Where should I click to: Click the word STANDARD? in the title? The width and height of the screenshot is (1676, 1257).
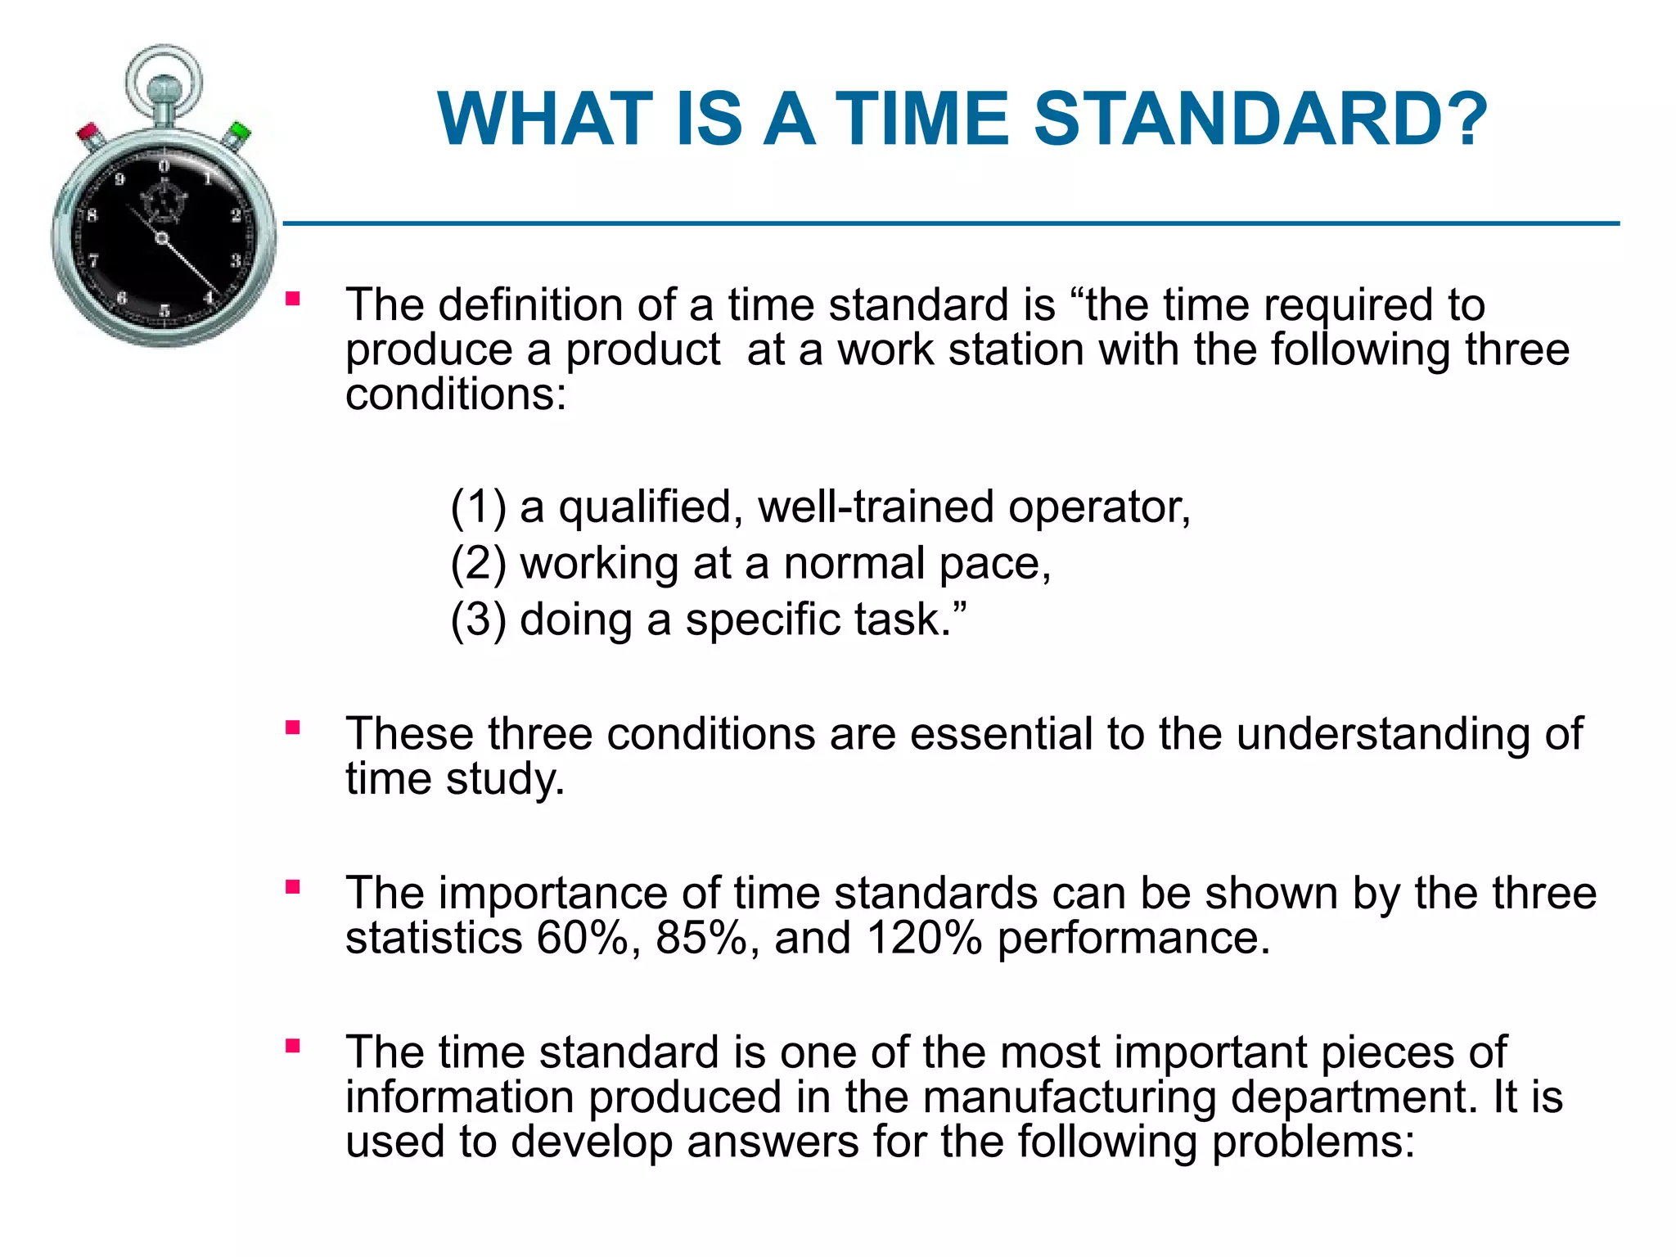(1260, 119)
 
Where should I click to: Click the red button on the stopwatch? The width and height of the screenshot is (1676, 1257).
(89, 133)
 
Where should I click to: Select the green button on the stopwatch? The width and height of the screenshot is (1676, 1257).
(239, 132)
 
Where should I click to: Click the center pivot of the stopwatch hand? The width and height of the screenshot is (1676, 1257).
(162, 238)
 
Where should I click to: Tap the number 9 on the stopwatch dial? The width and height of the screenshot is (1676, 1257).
(119, 179)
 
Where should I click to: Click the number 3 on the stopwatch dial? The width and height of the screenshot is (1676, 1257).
(235, 260)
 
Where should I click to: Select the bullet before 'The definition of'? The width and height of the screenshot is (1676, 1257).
(292, 300)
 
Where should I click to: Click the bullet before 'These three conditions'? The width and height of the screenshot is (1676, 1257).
(292, 728)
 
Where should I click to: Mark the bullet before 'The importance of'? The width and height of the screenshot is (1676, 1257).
(292, 886)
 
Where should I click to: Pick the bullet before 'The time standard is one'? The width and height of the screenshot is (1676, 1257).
(292, 1046)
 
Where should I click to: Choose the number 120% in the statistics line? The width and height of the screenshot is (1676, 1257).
(923, 938)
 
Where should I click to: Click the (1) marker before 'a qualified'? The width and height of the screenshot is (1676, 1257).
(478, 507)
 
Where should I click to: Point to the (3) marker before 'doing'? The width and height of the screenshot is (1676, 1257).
(478, 619)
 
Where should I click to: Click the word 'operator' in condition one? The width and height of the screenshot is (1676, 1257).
(1097, 507)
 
